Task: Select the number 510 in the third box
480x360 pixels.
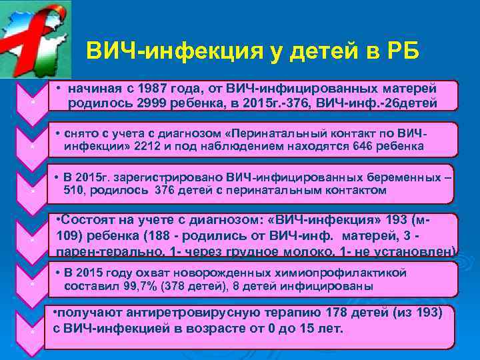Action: point(75,191)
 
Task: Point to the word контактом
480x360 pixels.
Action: point(354,191)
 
